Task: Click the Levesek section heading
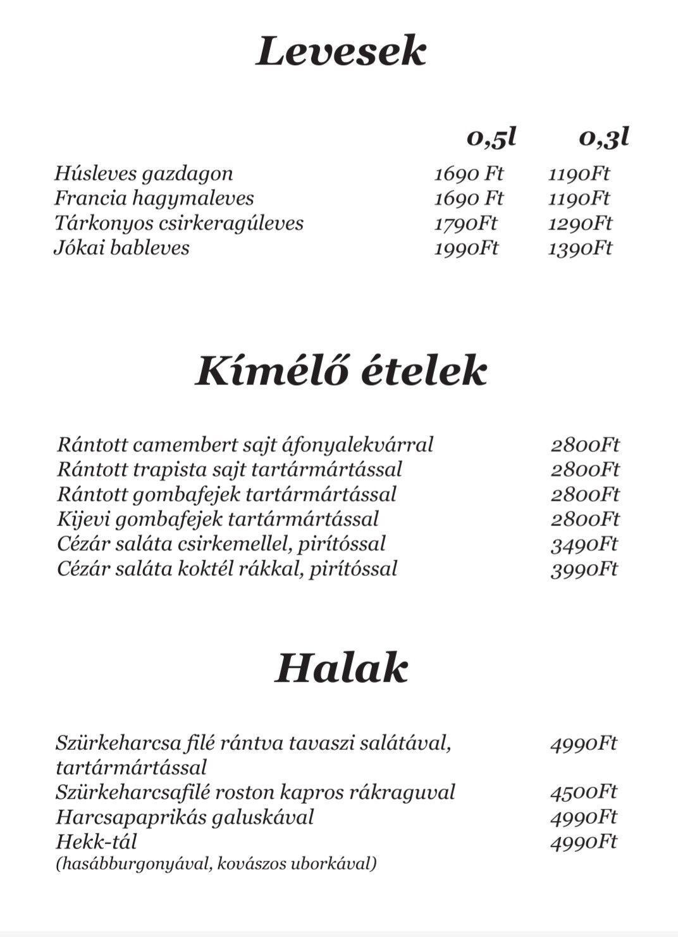(341, 52)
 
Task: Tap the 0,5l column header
(491, 137)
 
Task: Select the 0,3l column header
(604, 137)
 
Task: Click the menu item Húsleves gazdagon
(144, 173)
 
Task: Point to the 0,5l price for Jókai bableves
(466, 248)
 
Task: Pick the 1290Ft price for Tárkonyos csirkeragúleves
(580, 223)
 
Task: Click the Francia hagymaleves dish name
(154, 198)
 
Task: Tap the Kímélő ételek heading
(341, 371)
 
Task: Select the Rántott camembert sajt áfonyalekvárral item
(245, 444)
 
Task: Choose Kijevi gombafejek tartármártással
(218, 519)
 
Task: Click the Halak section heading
(341, 668)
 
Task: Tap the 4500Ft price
(583, 792)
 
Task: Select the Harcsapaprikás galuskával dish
(185, 817)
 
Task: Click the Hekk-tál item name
(96, 842)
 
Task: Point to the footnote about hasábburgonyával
(216, 863)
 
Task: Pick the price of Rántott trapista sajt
(584, 470)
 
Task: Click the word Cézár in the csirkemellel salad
(83, 544)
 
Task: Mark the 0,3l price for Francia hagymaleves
(579, 199)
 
